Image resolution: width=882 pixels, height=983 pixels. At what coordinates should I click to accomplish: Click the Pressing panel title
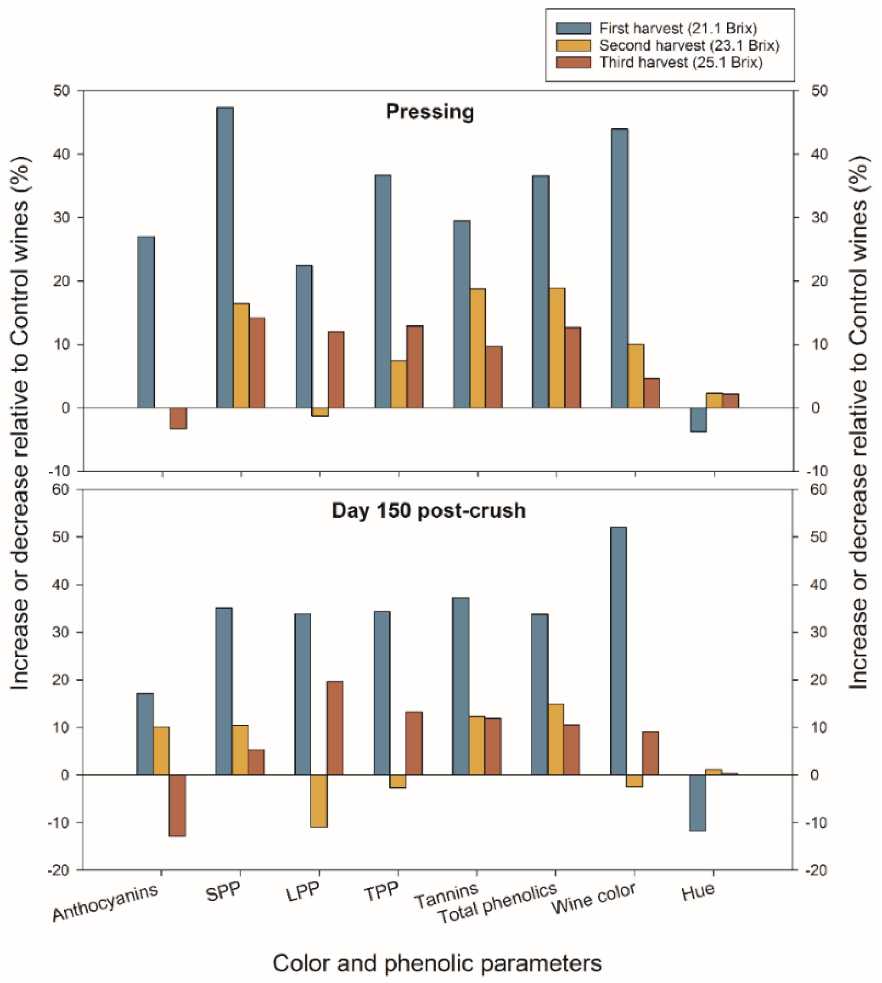[x=430, y=112]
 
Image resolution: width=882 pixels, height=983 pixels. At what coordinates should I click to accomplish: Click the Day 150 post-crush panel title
[x=428, y=511]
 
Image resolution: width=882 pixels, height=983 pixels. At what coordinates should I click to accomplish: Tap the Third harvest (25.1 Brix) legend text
[x=681, y=62]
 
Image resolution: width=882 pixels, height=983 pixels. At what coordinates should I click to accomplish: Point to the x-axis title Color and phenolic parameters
[x=437, y=963]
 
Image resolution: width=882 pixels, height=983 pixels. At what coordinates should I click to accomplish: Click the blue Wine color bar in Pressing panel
[x=619, y=268]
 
